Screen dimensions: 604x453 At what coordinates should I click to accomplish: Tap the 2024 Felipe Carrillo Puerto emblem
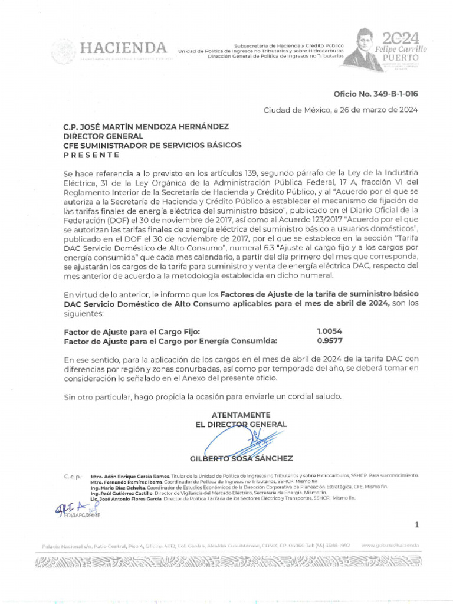click(390, 48)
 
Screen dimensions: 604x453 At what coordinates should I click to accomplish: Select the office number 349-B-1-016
click(376, 94)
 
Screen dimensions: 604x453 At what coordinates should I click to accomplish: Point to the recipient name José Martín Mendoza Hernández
click(146, 127)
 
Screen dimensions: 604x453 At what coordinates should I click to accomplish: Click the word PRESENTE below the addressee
click(91, 155)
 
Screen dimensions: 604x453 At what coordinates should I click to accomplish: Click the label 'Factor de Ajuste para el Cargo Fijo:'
click(132, 331)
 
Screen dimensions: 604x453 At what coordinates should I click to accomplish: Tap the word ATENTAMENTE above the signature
click(241, 415)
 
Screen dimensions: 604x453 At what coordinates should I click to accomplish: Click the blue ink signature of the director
click(236, 440)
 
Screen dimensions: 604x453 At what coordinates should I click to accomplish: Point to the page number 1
click(416, 524)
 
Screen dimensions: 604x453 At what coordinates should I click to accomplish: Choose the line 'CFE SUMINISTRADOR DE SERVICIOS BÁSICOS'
click(152, 146)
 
